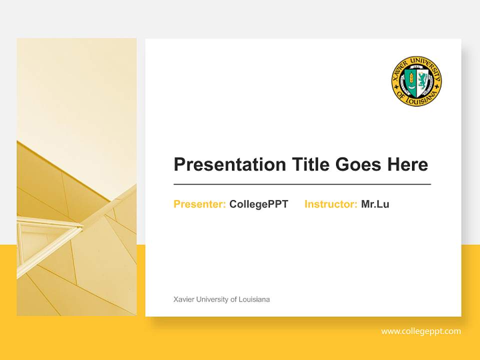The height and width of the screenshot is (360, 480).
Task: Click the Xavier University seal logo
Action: click(416, 81)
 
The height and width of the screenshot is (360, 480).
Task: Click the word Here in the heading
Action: click(407, 164)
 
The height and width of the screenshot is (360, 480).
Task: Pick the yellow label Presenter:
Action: click(199, 204)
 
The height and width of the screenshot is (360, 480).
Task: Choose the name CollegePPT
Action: click(258, 204)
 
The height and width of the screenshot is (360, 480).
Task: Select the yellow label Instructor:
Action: click(330, 204)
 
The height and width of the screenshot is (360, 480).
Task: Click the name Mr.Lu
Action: click(375, 204)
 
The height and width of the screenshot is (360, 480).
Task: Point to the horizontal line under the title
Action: click(302, 184)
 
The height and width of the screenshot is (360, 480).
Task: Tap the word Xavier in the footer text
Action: click(182, 299)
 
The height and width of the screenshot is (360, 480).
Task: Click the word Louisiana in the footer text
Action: click(254, 299)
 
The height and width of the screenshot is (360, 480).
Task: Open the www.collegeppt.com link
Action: click(421, 331)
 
